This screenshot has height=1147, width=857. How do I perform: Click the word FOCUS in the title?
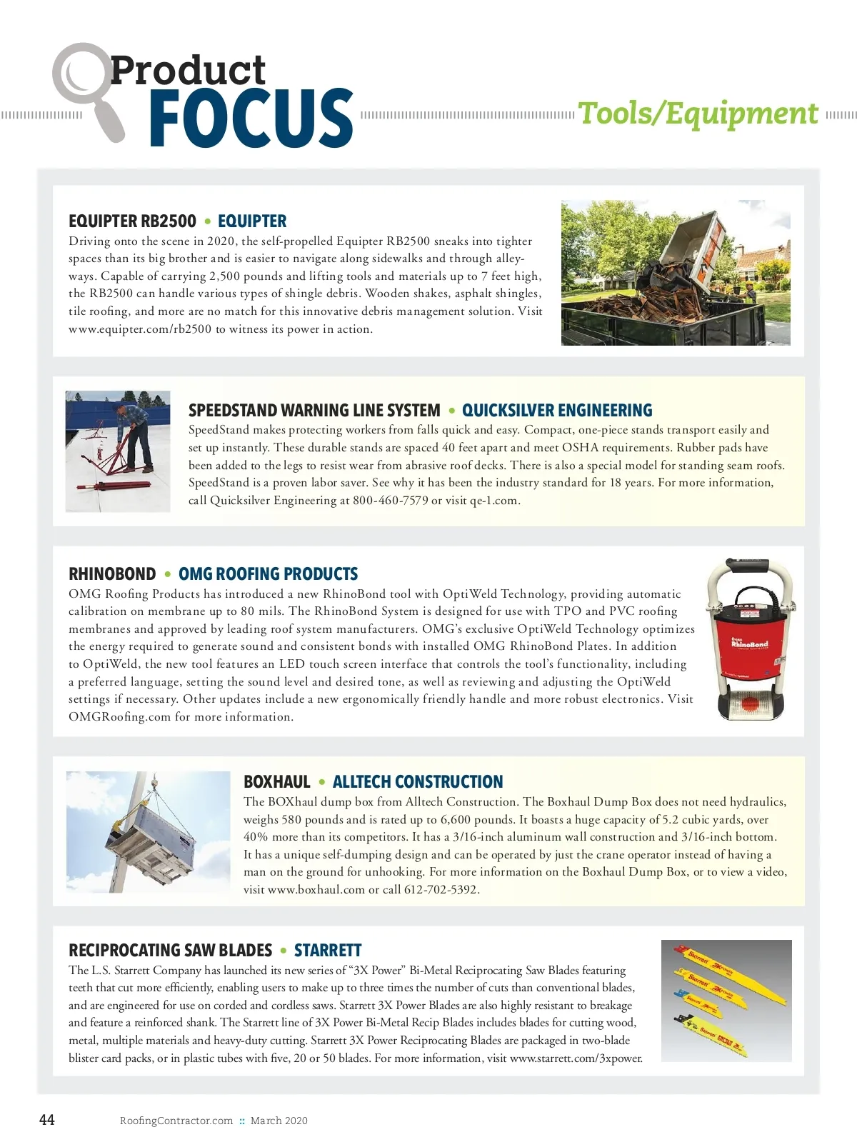(x=251, y=118)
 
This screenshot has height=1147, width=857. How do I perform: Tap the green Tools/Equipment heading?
(x=698, y=114)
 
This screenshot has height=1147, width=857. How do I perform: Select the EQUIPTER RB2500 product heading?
(x=132, y=221)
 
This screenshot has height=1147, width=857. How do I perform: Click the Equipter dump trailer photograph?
(x=675, y=273)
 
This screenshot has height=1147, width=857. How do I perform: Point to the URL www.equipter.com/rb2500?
(x=140, y=329)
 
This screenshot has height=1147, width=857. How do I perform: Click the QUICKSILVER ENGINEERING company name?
(x=557, y=411)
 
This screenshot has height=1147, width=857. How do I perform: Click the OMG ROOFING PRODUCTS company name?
(x=268, y=574)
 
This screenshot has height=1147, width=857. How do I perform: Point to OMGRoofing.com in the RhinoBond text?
(x=119, y=717)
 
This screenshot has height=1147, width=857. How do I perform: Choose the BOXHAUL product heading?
(x=277, y=782)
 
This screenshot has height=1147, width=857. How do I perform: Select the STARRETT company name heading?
(x=328, y=951)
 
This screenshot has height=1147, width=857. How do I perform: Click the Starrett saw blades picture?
(x=726, y=1000)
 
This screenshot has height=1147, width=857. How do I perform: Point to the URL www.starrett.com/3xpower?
(x=576, y=1058)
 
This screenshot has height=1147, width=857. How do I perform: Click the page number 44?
(x=46, y=1120)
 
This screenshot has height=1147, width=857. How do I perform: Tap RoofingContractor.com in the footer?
(x=176, y=1121)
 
